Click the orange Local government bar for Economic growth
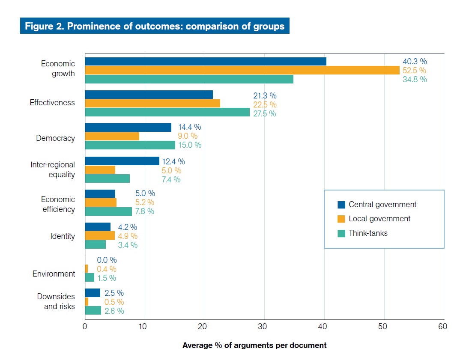click(x=242, y=70)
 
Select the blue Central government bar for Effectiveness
click(x=149, y=95)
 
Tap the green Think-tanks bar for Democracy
click(x=130, y=145)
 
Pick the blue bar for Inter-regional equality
click(x=122, y=161)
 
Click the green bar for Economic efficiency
click(x=108, y=211)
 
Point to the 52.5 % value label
click(x=414, y=70)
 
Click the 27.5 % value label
click(x=264, y=113)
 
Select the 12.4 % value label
click(x=173, y=161)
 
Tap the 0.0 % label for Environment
click(x=107, y=260)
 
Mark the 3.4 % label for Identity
click(x=128, y=245)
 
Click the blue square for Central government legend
click(x=341, y=205)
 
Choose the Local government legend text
click(x=379, y=219)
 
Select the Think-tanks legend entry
click(x=368, y=233)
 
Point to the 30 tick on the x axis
click(x=264, y=327)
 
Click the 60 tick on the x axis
click(x=443, y=327)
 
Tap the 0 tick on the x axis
click(x=85, y=327)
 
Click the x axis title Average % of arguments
click(x=254, y=345)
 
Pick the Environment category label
click(x=54, y=274)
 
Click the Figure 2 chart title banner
click(x=155, y=26)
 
